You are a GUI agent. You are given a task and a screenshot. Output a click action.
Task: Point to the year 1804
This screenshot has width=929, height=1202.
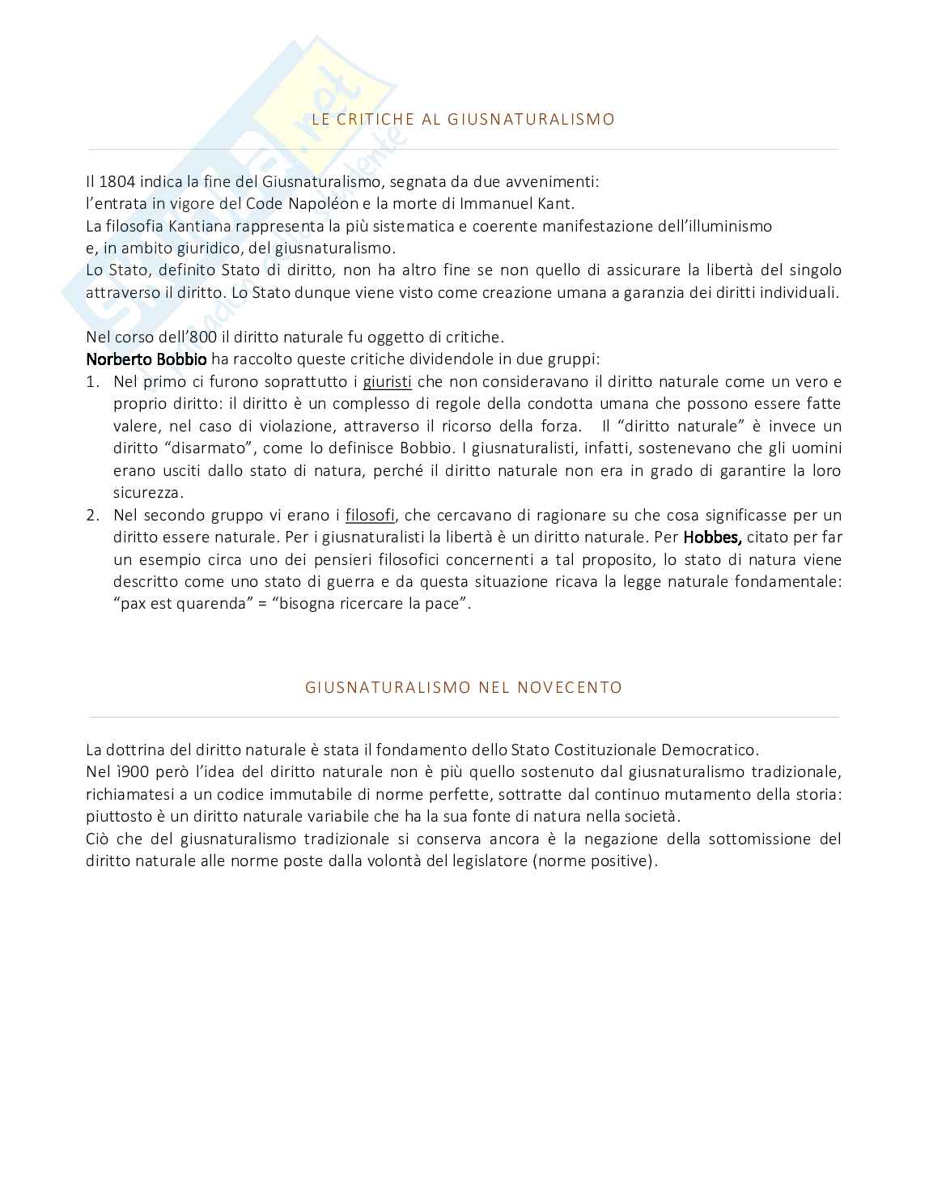click(x=117, y=182)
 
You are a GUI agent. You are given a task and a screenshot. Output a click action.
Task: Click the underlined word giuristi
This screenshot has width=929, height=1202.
click(x=388, y=381)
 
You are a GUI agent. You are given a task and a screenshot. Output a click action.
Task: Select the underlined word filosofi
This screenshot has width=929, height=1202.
click(x=370, y=515)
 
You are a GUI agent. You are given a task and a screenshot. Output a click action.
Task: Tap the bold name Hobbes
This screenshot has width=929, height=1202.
click(x=712, y=537)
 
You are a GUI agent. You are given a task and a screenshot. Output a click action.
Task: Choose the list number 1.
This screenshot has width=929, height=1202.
click(x=92, y=381)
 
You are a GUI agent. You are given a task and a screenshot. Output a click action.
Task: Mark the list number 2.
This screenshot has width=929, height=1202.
click(x=92, y=515)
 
